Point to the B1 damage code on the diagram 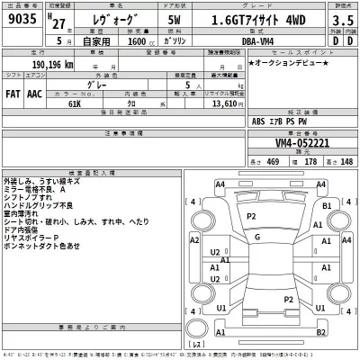point(328,206)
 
